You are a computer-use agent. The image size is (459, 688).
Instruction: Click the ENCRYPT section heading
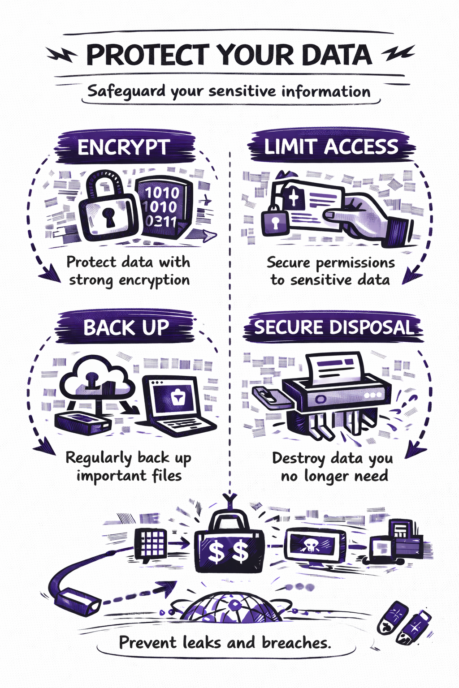pos(123,147)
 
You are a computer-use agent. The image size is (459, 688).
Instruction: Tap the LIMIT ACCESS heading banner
pos(331,147)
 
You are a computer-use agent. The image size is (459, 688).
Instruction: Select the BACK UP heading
pos(126,328)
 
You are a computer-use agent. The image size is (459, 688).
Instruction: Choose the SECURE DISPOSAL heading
pos(333,327)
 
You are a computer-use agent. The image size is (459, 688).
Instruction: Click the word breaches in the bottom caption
pos(296,643)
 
